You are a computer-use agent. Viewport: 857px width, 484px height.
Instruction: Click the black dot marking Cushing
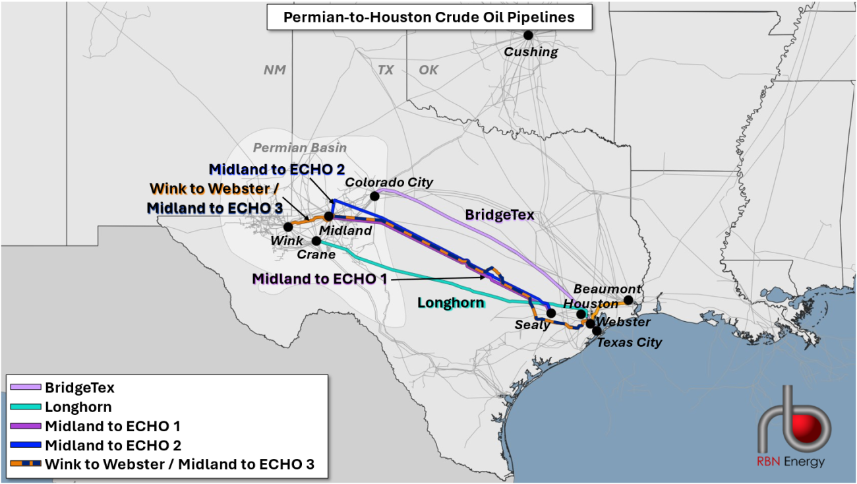pyautogui.click(x=528, y=36)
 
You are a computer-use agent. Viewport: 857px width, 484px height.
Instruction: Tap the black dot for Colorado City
pyautogui.click(x=374, y=196)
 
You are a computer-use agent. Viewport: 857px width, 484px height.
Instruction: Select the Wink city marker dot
pyautogui.click(x=288, y=227)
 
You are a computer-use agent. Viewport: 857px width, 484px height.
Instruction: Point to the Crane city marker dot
pyautogui.click(x=316, y=241)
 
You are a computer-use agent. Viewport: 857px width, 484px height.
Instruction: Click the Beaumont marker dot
pyautogui.click(x=628, y=300)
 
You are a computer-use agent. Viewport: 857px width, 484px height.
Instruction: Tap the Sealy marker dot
pyautogui.click(x=550, y=313)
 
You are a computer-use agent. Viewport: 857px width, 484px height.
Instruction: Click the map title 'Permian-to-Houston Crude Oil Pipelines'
pyautogui.click(x=428, y=17)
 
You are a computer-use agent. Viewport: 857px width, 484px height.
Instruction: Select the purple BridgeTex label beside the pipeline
pyautogui.click(x=499, y=215)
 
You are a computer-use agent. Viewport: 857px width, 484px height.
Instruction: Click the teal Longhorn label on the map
pyautogui.click(x=451, y=303)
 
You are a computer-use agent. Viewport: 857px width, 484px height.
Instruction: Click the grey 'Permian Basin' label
pyautogui.click(x=300, y=148)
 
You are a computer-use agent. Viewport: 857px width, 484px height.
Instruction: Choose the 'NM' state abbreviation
pyautogui.click(x=274, y=70)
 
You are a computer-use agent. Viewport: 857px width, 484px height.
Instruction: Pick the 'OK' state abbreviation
pyautogui.click(x=428, y=70)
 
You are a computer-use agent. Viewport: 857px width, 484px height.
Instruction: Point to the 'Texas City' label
pyautogui.click(x=629, y=343)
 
